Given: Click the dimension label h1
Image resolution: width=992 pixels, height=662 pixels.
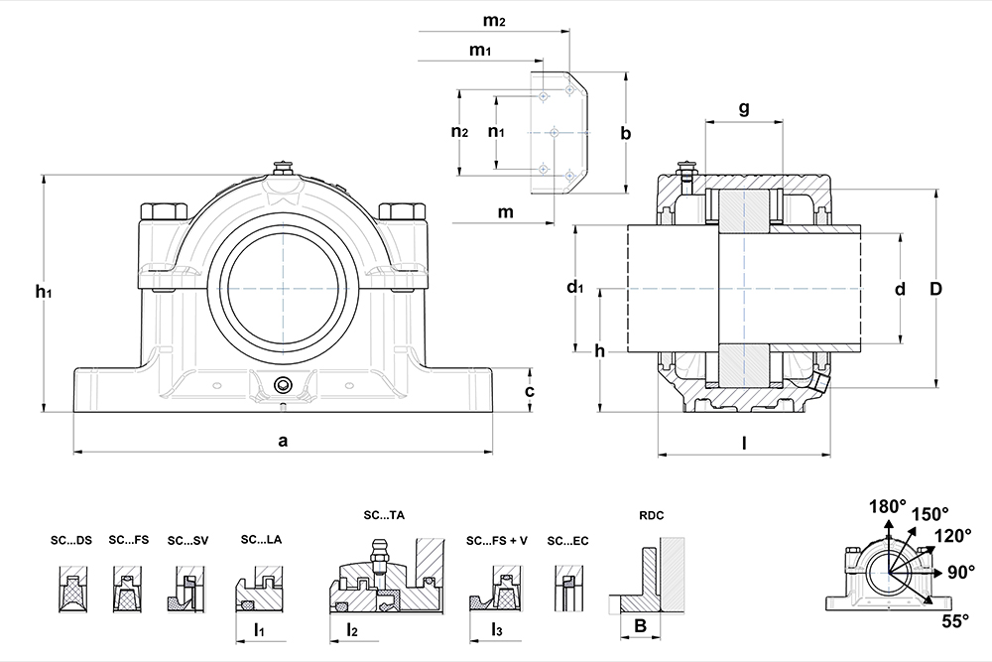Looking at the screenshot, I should [42, 291].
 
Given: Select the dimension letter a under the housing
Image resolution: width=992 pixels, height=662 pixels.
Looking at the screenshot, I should [283, 441].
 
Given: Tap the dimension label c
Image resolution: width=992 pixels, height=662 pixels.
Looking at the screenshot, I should [530, 391].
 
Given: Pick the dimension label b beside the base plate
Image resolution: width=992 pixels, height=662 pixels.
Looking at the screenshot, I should [625, 133].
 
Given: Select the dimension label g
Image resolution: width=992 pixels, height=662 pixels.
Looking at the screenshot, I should [744, 109].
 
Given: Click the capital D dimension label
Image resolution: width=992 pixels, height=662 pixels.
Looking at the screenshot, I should [934, 289].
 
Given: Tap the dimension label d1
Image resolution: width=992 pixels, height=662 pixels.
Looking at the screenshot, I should [574, 289].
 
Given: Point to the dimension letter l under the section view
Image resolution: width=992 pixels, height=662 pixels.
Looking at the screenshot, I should [744, 444].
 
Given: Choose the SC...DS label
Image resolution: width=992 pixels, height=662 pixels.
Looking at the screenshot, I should [71, 541].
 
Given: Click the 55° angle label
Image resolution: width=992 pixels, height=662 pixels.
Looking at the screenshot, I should [954, 621].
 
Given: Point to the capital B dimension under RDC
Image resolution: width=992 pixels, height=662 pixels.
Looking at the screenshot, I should [640, 626].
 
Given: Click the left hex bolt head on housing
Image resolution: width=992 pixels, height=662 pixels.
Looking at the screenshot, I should [166, 211].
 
